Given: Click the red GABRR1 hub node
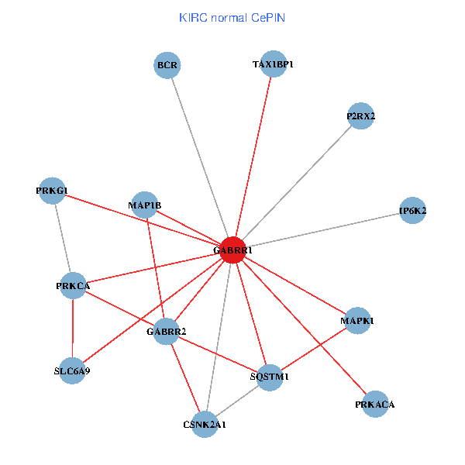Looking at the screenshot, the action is (233, 250).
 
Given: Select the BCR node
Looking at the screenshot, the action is (167, 65).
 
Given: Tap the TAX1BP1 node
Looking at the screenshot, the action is (274, 64).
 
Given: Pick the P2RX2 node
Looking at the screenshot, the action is (361, 116).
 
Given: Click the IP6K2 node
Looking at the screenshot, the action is (412, 210).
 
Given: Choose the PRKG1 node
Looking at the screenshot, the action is (53, 191).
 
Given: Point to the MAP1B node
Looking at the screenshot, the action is (145, 205).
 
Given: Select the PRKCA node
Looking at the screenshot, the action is (74, 286).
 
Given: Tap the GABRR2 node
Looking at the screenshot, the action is (167, 331).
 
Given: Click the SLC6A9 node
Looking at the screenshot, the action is (72, 370).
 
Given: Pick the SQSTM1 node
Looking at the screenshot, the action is (270, 377).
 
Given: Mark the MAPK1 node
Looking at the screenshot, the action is (356, 320).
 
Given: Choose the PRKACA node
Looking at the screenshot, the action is (375, 404).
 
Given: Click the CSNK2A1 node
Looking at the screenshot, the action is (205, 424).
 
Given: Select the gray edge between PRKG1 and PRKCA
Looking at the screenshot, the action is (63, 239).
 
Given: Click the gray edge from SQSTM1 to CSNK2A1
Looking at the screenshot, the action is (237, 400).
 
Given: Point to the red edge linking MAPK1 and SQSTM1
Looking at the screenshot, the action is (313, 349).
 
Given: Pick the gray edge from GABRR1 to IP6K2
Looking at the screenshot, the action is (322, 229).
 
